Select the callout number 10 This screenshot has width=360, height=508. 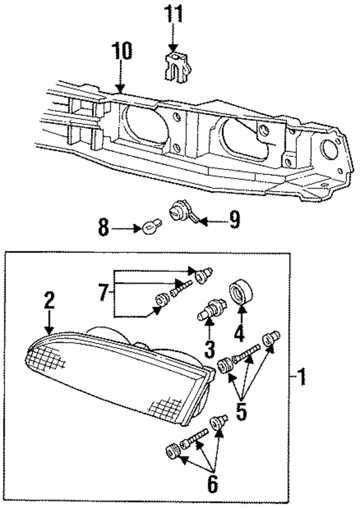[121, 52]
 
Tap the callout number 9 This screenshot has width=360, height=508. [234, 219]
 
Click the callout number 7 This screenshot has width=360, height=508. [103, 292]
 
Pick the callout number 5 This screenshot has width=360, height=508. [241, 411]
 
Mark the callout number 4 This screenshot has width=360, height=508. [238, 332]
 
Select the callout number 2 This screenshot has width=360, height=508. [49, 301]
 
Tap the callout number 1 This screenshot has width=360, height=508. [302, 376]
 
